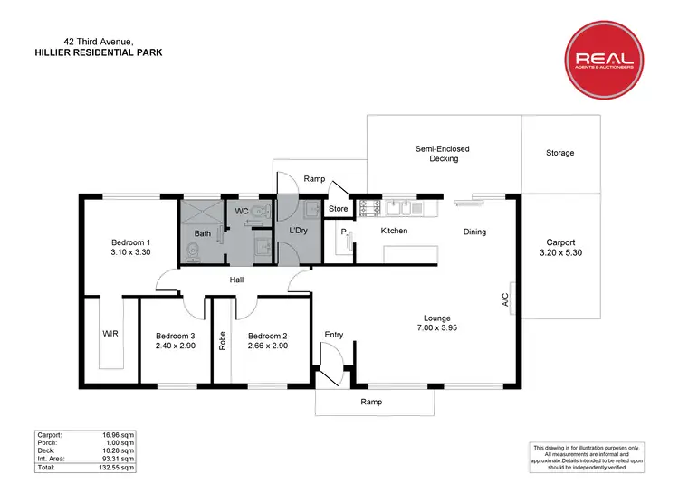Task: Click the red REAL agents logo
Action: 607,61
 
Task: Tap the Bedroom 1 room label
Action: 130,242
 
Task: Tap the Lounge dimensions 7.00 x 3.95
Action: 437,330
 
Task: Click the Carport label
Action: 561,242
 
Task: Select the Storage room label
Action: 559,153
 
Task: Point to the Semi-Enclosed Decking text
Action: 443,154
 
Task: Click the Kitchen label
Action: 394,232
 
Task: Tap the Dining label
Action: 474,232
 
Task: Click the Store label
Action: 338,209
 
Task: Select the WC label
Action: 242,212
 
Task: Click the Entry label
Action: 334,336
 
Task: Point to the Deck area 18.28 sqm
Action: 120,450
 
